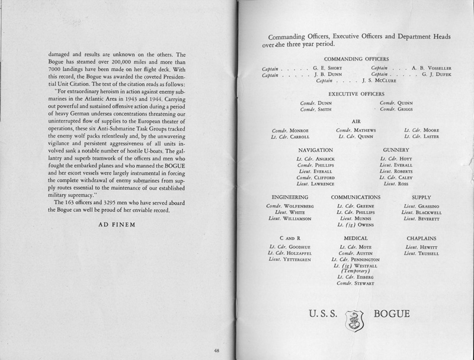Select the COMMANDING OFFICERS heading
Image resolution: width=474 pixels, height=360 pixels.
point(357,60)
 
